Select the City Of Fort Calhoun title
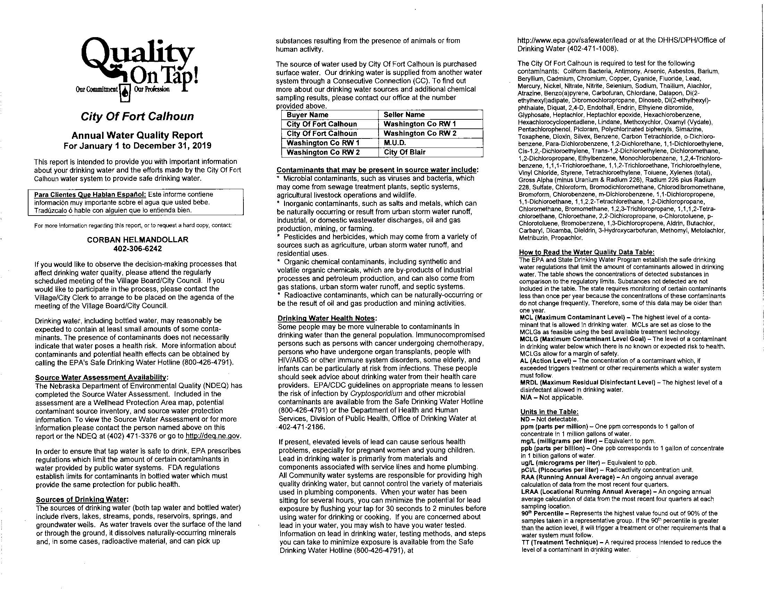(137, 116)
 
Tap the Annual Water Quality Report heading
(137, 135)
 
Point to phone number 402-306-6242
(138, 249)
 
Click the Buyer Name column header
(307, 115)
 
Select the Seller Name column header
(404, 115)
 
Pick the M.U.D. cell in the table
(395, 143)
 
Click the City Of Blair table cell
(404, 152)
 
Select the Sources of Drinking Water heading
(82, 499)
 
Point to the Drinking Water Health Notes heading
(327, 318)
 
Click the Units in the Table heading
(549, 412)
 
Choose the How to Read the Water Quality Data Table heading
(587, 252)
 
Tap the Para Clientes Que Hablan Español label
(90, 194)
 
